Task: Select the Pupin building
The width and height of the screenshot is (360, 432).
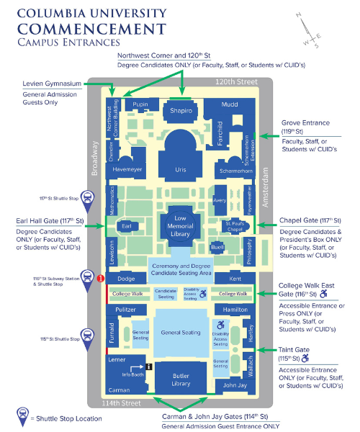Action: tap(140, 105)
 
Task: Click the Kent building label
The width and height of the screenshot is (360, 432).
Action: tap(234, 278)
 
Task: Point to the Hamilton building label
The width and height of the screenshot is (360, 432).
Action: tap(235, 309)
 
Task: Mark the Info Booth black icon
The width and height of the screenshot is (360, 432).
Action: tap(148, 366)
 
